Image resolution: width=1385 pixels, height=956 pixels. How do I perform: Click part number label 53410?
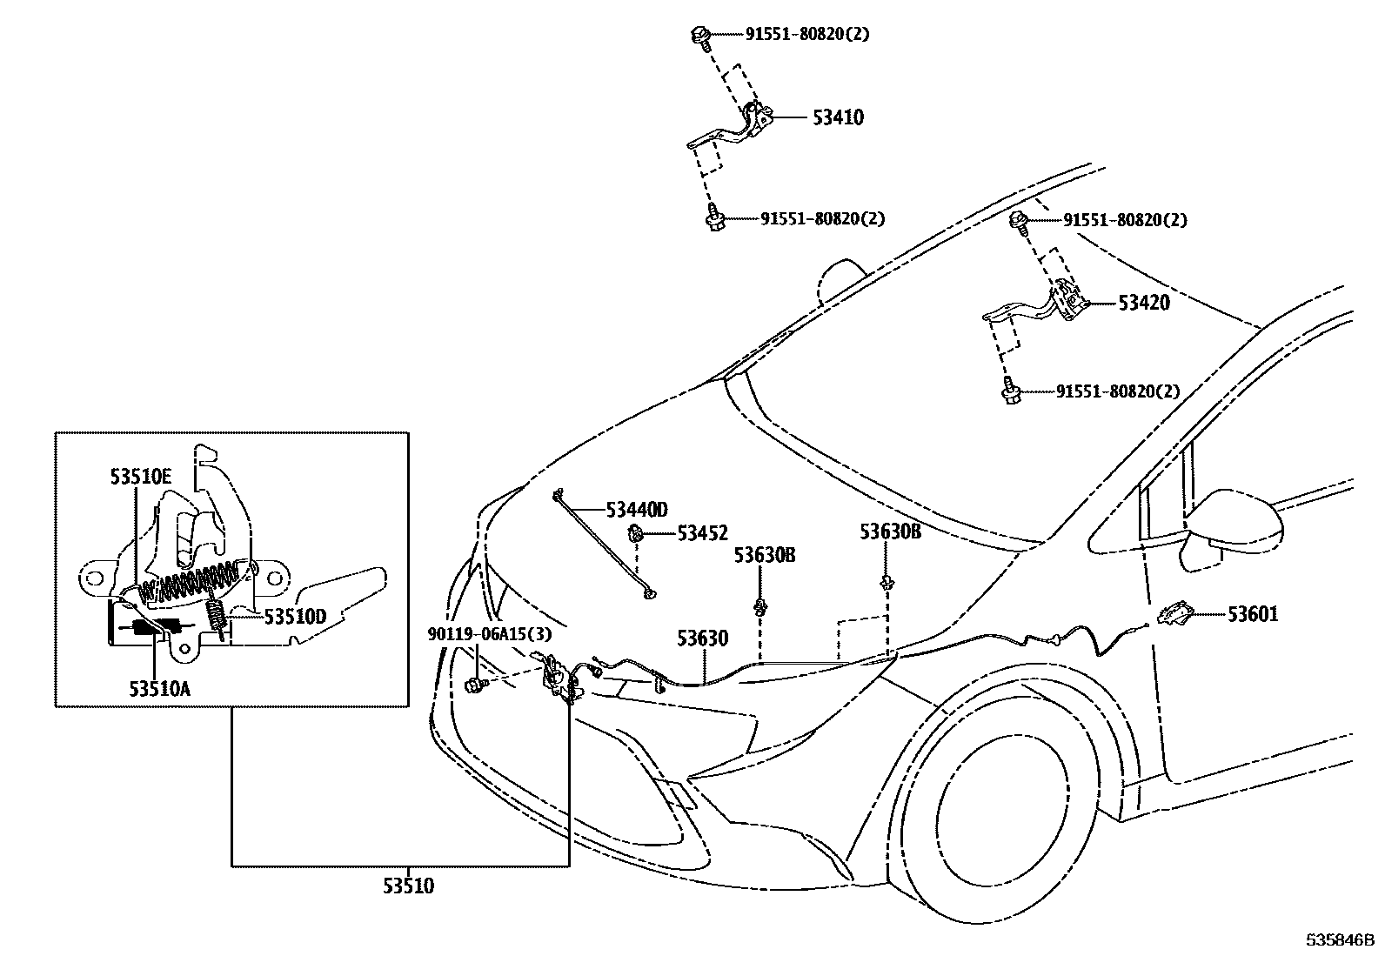click(838, 118)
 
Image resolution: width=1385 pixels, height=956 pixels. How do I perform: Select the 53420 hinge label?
click(1143, 304)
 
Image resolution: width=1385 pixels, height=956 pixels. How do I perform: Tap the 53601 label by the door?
click(1253, 615)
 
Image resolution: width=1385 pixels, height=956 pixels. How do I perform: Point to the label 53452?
click(702, 533)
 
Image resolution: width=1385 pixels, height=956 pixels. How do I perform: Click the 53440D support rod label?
click(637, 510)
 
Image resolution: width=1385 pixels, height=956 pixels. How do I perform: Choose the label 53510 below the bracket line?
click(408, 886)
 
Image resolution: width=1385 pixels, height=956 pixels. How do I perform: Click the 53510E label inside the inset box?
click(140, 476)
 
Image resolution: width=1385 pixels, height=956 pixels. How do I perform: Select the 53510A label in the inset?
click(159, 688)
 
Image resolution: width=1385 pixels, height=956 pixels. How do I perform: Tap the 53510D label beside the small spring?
click(295, 617)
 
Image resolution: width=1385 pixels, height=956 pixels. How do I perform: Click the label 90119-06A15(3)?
click(489, 635)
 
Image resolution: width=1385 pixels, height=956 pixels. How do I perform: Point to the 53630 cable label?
click(702, 639)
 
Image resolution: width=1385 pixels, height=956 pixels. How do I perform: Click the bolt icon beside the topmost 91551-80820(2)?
click(699, 36)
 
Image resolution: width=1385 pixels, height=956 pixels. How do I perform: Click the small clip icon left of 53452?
click(638, 534)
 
